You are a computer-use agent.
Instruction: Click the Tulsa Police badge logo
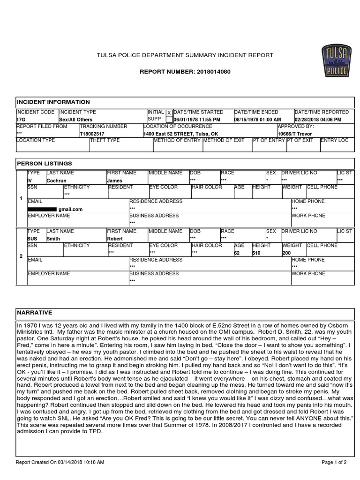pos(335,61)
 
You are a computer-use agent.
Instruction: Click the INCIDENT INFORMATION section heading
pos(53,102)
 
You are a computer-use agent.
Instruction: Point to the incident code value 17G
pos(22,120)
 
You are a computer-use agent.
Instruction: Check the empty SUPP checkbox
pos(169,120)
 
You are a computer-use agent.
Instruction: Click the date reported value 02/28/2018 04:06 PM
pos(318,120)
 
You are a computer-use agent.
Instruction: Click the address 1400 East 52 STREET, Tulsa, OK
pos(181,134)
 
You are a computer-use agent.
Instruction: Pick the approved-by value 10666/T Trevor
pos(295,134)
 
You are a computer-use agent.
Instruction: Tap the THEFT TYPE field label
pos(105,141)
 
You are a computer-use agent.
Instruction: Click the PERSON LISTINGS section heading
pos(45,164)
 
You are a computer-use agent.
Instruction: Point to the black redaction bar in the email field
pos(42,209)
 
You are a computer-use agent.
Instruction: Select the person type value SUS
pos(32,239)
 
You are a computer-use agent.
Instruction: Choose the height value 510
pos(257,253)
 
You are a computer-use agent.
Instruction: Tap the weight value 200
pos(286,253)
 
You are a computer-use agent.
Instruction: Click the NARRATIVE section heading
pos(35,313)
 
